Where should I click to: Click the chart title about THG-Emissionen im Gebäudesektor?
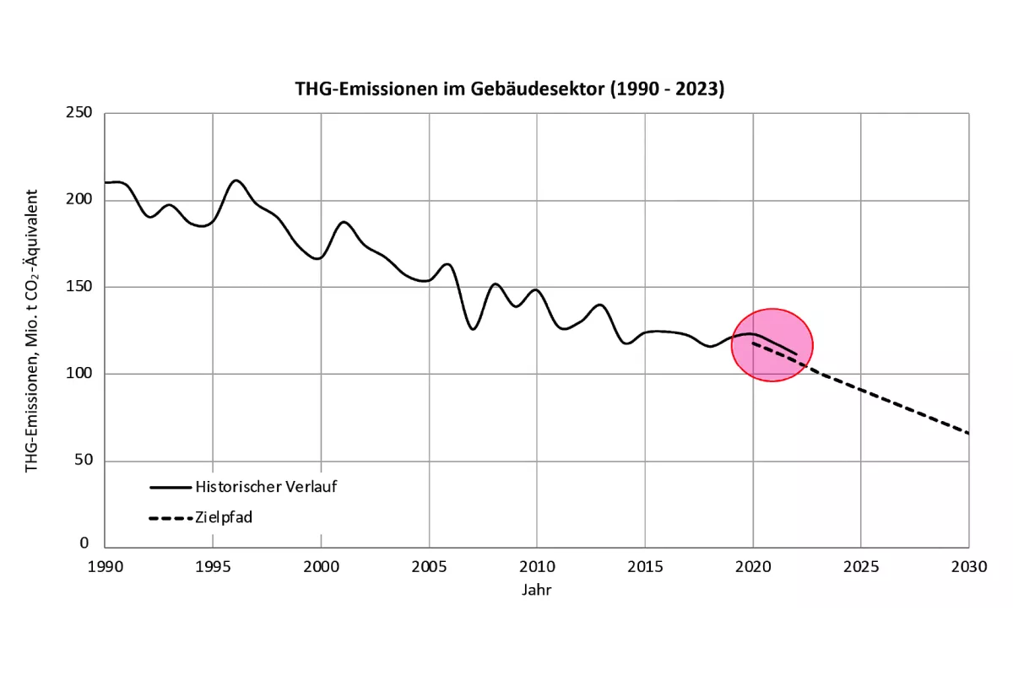point(509,89)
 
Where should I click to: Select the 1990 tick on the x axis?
point(104,567)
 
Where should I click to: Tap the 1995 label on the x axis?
point(212,567)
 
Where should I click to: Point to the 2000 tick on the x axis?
point(321,567)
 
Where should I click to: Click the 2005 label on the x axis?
point(429,567)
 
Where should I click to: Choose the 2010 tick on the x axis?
point(536,567)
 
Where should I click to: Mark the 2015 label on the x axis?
point(645,567)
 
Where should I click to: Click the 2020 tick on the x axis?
point(753,567)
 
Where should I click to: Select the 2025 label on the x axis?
point(860,567)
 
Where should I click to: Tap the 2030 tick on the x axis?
point(968,567)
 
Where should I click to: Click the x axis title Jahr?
point(536,590)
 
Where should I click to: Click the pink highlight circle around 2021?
point(772,344)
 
